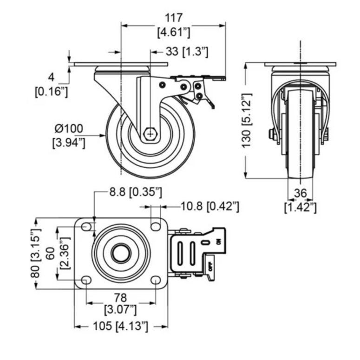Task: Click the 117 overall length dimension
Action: tap(174, 18)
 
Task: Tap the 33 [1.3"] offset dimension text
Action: tap(187, 52)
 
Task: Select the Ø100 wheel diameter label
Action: tap(69, 129)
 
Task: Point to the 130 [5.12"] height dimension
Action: tap(247, 120)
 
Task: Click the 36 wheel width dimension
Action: tap(300, 193)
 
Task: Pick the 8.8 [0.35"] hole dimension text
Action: tap(136, 192)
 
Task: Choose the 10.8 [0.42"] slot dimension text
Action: tap(210, 206)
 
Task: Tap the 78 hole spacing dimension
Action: tap(120, 298)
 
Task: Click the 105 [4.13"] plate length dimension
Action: tap(120, 326)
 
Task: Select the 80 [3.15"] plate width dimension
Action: tap(36, 253)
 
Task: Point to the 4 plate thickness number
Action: tap(52, 78)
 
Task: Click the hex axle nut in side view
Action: tap(151, 134)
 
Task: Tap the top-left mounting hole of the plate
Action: tap(86, 227)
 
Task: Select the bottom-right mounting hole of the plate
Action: tap(156, 280)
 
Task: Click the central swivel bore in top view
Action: tap(121, 253)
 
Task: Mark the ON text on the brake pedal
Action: tap(219, 241)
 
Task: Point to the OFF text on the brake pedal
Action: tap(211, 267)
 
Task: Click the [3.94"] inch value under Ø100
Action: tap(69, 143)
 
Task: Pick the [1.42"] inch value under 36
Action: tap(300, 208)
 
